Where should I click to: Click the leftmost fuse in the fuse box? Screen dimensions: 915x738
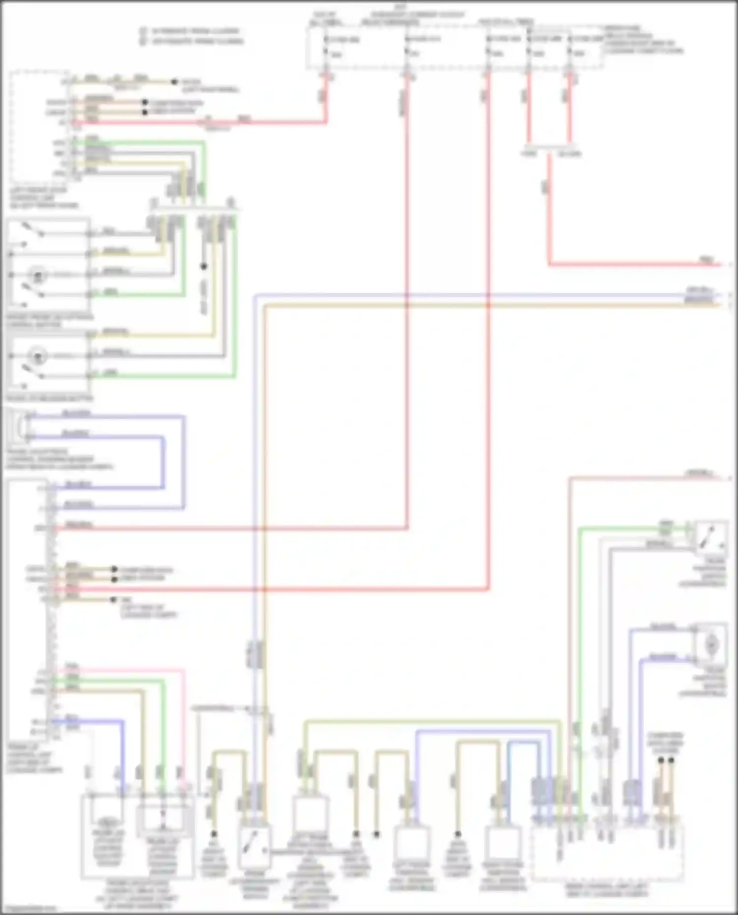click(x=326, y=45)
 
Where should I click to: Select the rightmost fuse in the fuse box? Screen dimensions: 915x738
click(x=570, y=45)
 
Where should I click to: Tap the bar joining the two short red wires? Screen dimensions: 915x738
click(x=549, y=146)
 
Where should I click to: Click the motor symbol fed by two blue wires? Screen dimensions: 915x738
click(x=711, y=644)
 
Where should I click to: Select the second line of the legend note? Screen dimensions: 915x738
click(x=192, y=41)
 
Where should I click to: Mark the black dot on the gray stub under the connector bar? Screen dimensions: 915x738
click(x=204, y=266)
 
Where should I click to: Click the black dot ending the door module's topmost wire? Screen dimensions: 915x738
click(x=174, y=82)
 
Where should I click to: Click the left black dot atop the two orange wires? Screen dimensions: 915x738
click(x=661, y=760)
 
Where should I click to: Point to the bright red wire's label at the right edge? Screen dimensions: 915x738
click(x=707, y=259)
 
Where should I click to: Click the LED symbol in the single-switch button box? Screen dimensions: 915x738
click(x=37, y=354)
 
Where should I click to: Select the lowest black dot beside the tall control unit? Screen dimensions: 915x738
click(x=114, y=600)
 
